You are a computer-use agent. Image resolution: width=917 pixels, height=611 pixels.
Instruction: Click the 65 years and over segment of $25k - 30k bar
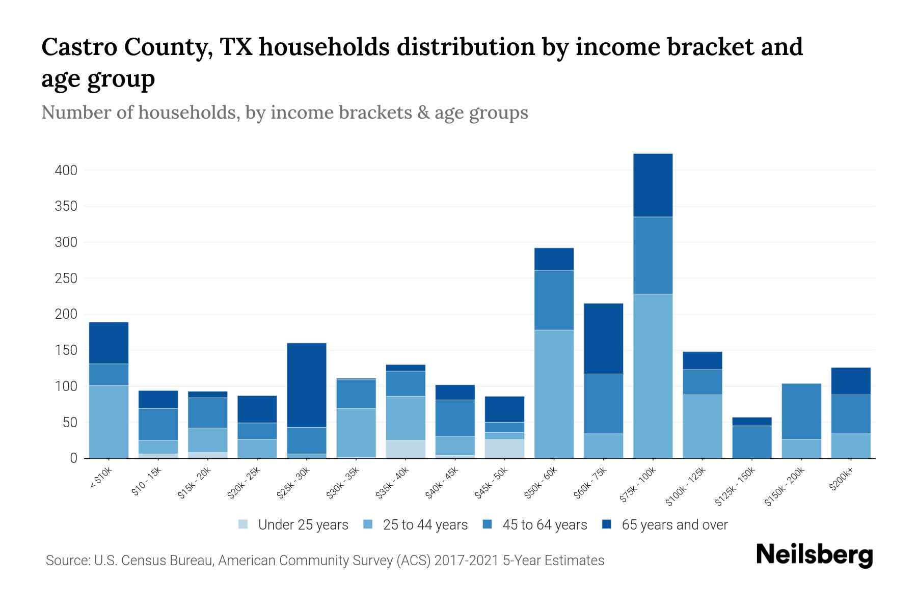point(307,385)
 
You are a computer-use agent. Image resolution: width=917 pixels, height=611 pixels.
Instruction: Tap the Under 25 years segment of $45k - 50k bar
point(504,449)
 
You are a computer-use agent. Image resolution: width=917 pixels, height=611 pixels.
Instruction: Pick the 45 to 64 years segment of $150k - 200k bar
point(801,411)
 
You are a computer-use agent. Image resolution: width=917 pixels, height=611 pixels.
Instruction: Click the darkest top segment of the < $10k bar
point(109,343)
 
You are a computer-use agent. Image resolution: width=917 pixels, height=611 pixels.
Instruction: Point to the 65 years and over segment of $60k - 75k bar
point(603,339)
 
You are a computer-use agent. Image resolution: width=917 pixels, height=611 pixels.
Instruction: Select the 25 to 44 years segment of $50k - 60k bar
point(554,394)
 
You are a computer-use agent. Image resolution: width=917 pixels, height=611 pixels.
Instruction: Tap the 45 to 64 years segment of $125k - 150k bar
point(751,441)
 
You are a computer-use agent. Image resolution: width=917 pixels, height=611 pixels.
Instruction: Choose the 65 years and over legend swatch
point(607,524)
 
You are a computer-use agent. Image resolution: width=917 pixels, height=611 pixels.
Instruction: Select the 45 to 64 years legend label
point(545,525)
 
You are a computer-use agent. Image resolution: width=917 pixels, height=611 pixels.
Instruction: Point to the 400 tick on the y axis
point(66,171)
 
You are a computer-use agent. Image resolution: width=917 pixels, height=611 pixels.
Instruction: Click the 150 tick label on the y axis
point(66,351)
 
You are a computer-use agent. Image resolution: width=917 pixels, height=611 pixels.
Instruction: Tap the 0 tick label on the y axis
point(73,459)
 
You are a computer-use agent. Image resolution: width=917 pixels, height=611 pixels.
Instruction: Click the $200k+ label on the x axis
point(841,481)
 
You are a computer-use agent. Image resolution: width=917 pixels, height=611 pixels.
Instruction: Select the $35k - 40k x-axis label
point(393,483)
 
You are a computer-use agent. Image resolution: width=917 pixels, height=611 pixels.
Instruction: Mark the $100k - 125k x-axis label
point(686,487)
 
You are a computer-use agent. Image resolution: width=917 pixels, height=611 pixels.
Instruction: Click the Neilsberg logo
point(814,555)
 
